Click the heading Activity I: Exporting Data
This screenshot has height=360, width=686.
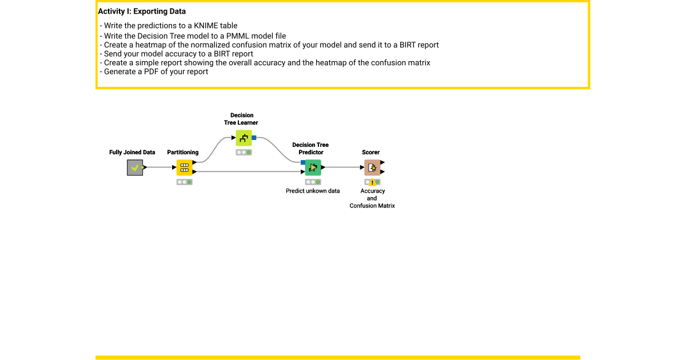(142, 11)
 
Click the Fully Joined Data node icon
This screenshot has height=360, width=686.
(135, 167)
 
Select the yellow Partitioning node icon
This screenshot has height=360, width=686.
(184, 167)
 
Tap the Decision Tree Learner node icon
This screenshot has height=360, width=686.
(244, 138)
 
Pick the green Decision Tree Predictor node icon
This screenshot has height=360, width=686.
(313, 167)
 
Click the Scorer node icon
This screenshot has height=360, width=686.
(372, 167)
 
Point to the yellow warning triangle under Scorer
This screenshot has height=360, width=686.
(372, 182)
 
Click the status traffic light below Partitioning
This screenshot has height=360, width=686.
(184, 182)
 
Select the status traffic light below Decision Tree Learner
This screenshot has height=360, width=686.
(244, 153)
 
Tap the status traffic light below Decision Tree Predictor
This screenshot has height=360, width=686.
(313, 182)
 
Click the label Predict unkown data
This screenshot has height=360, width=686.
(313, 191)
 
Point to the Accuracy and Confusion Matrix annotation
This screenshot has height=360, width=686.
(372, 198)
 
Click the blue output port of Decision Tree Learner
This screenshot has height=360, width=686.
(254, 138)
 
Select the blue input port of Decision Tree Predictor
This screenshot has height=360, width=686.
(303, 162)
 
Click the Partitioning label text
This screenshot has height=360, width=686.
(183, 153)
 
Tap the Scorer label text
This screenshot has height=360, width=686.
(370, 153)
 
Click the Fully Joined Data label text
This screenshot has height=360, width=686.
(132, 153)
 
